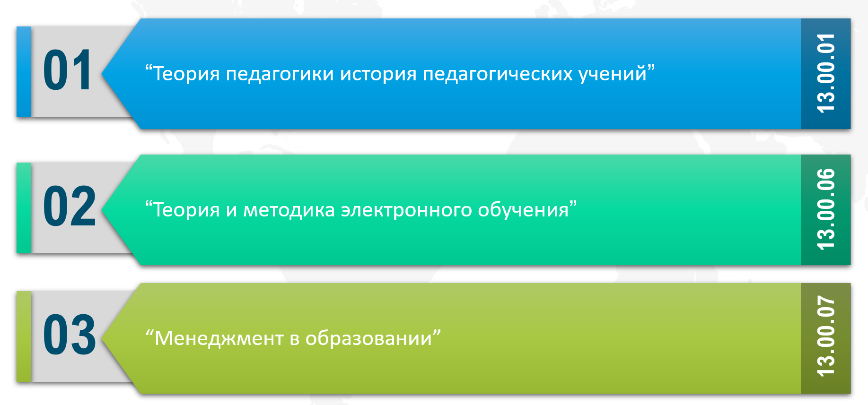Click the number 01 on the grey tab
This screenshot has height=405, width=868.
[67, 70]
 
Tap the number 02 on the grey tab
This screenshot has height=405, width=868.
[69, 206]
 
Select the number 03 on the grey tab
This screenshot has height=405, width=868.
[69, 335]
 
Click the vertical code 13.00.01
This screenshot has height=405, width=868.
[826, 73]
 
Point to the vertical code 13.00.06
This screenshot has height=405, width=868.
[826, 209]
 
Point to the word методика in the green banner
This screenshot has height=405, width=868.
[289, 210]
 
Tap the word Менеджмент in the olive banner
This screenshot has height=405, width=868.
[219, 339]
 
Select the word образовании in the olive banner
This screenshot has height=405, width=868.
[369, 338]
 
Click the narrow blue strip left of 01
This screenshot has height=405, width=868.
[24, 72]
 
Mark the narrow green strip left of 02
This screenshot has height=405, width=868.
[24, 208]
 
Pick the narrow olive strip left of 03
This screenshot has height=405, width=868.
[24, 336]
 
